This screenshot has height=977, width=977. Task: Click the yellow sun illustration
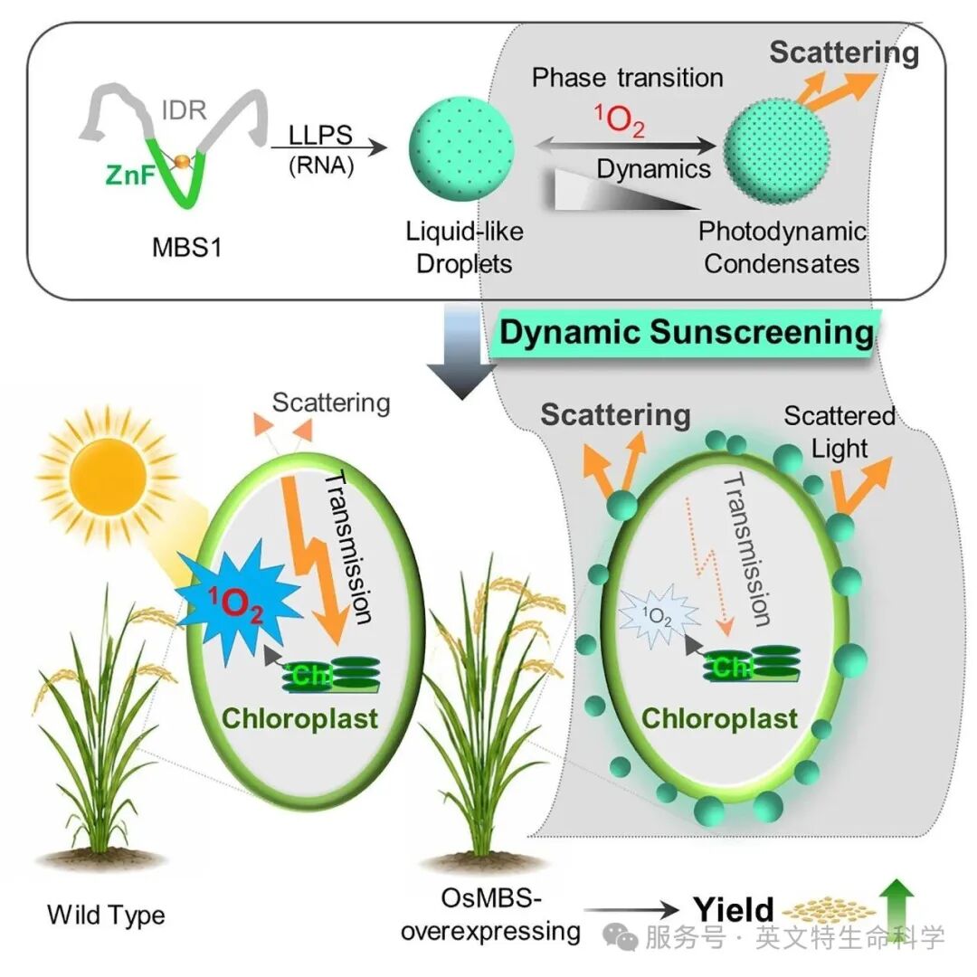click(x=107, y=478)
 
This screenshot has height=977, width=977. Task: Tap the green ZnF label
click(x=129, y=175)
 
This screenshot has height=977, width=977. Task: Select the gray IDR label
click(x=184, y=109)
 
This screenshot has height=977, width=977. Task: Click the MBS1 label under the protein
click(x=186, y=248)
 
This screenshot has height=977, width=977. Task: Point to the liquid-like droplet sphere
click(x=461, y=149)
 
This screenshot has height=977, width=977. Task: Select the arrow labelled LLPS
click(x=329, y=147)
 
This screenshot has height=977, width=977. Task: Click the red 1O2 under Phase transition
click(x=620, y=120)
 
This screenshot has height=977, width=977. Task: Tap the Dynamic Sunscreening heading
click(x=686, y=331)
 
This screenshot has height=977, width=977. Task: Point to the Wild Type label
click(x=106, y=915)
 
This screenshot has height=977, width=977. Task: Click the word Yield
click(x=734, y=910)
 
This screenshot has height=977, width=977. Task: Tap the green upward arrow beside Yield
click(x=896, y=906)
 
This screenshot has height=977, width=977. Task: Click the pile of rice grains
click(x=828, y=910)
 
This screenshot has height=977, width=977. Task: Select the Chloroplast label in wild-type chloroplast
click(x=299, y=718)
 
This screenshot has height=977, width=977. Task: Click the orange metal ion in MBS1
click(x=181, y=161)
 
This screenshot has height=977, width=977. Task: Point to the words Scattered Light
click(x=839, y=432)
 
